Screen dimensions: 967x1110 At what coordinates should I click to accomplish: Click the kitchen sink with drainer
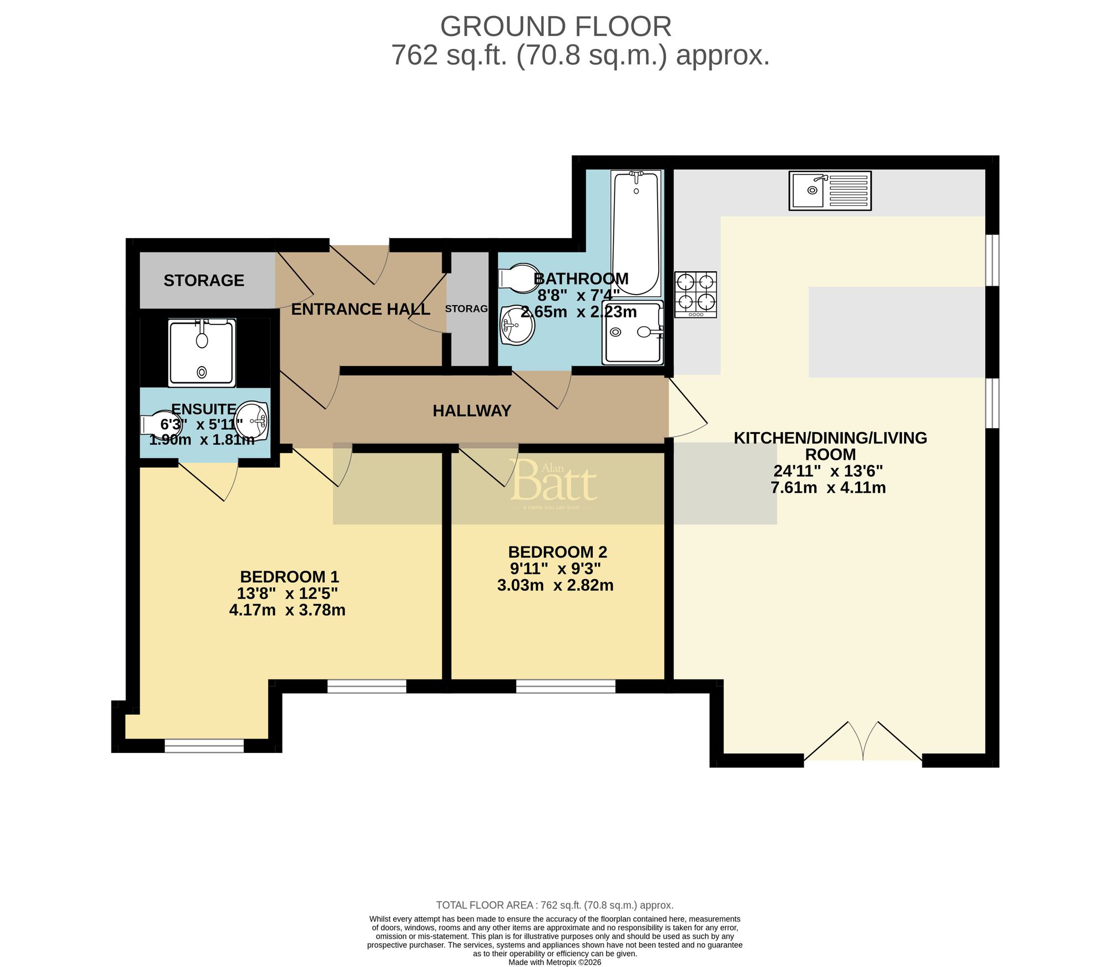point(830,190)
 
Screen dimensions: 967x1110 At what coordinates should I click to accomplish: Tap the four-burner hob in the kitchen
point(695,294)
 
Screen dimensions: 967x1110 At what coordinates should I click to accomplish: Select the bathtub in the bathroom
point(636,233)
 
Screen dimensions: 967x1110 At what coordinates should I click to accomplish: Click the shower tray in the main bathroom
point(633,333)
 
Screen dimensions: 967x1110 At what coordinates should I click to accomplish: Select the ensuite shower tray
point(202,353)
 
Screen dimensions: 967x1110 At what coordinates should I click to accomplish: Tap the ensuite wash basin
point(253,420)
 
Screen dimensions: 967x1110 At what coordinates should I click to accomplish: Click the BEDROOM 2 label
point(557,552)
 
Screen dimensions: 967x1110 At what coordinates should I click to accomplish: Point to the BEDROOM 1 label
point(289,576)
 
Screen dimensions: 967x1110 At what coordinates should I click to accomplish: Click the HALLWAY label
point(472,411)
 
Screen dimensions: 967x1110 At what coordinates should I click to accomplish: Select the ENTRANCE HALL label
point(360,310)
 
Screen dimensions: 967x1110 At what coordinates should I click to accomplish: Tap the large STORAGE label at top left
point(204,280)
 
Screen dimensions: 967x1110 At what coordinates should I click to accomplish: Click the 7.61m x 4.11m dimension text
point(828,488)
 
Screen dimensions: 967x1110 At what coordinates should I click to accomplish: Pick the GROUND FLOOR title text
point(556,27)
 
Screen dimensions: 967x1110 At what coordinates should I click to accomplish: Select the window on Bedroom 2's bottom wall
point(566,686)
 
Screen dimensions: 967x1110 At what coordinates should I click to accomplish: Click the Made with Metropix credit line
point(554,962)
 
